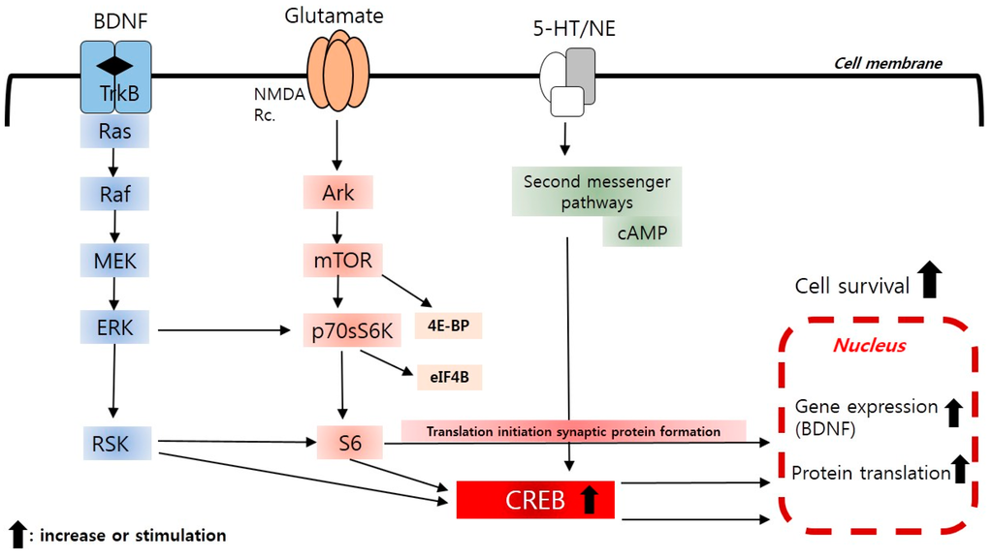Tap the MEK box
pos(115,262)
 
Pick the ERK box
pos(115,328)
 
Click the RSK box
pos(115,445)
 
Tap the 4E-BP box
pos(447,325)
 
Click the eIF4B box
pos(449,376)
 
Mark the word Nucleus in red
pos(871,344)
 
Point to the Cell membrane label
pos(888,64)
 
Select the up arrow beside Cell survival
pos(931,279)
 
